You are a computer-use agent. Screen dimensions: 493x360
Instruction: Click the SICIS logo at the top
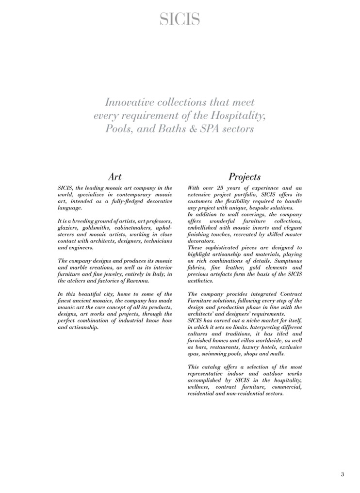click(180, 20)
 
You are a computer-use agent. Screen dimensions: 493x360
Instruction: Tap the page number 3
click(343, 474)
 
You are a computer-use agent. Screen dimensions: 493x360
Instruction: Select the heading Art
click(115, 177)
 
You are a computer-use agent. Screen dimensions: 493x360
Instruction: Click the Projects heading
click(245, 177)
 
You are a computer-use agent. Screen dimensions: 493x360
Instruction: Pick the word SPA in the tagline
click(213, 129)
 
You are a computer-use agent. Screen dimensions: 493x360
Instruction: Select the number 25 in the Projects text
click(227, 188)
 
